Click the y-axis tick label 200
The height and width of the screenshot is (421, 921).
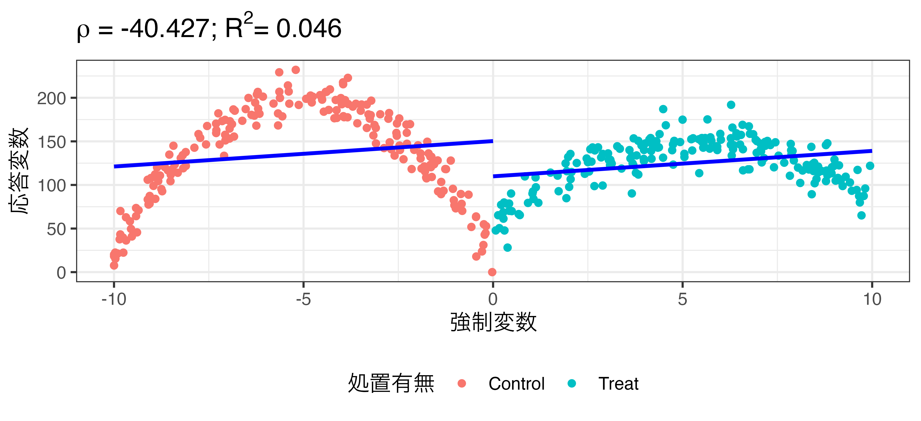coord(52,98)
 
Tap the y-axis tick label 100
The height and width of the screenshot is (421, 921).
coord(52,186)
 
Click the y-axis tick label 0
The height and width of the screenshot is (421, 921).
coord(61,273)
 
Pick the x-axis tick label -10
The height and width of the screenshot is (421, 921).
coord(114,299)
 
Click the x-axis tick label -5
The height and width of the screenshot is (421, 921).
coord(303,299)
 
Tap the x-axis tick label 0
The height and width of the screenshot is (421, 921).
coord(493,299)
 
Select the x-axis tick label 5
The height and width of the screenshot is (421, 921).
coord(682,299)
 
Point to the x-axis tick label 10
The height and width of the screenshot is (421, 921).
coord(872,299)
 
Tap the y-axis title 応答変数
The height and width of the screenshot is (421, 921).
coord(19,171)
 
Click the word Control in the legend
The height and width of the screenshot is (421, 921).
coord(516,384)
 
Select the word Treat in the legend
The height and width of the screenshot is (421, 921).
coord(618,384)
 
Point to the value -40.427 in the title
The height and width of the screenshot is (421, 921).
coord(165,29)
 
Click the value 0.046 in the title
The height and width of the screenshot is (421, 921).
coord(309,29)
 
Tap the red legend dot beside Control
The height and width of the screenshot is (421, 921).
coord(462,384)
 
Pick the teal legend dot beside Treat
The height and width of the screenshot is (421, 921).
coord(572,384)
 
